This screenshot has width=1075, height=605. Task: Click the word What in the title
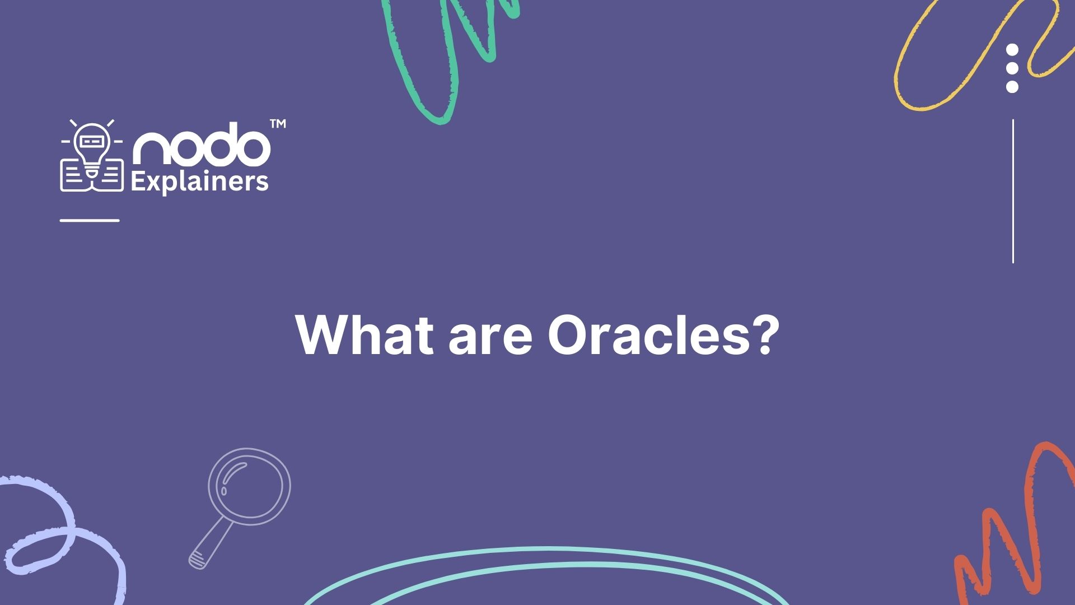(364, 334)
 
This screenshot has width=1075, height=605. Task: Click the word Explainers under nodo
(199, 183)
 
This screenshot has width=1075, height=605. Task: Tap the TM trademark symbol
(278, 124)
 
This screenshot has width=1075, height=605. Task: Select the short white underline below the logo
(90, 220)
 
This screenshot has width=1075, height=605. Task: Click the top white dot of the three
(1012, 50)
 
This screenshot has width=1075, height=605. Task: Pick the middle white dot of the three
(1012, 68)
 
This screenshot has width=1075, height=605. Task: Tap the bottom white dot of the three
(1012, 87)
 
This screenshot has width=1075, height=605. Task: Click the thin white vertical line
(1013, 190)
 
